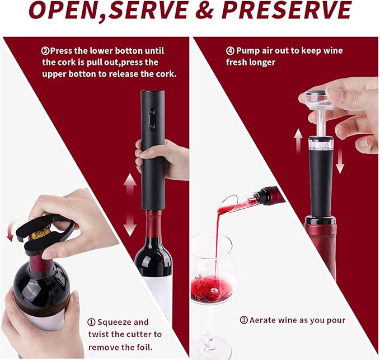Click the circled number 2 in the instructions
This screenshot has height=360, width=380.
pyautogui.click(x=45, y=51)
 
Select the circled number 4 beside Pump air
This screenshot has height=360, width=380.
pyautogui.click(x=230, y=51)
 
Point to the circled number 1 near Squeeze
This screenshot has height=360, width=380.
pyautogui.click(x=91, y=322)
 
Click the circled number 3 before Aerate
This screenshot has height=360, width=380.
pyautogui.click(x=243, y=320)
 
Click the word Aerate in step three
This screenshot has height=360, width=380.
pyautogui.click(x=265, y=320)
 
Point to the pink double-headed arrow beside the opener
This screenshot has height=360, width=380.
pyautogui.click(x=129, y=204)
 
